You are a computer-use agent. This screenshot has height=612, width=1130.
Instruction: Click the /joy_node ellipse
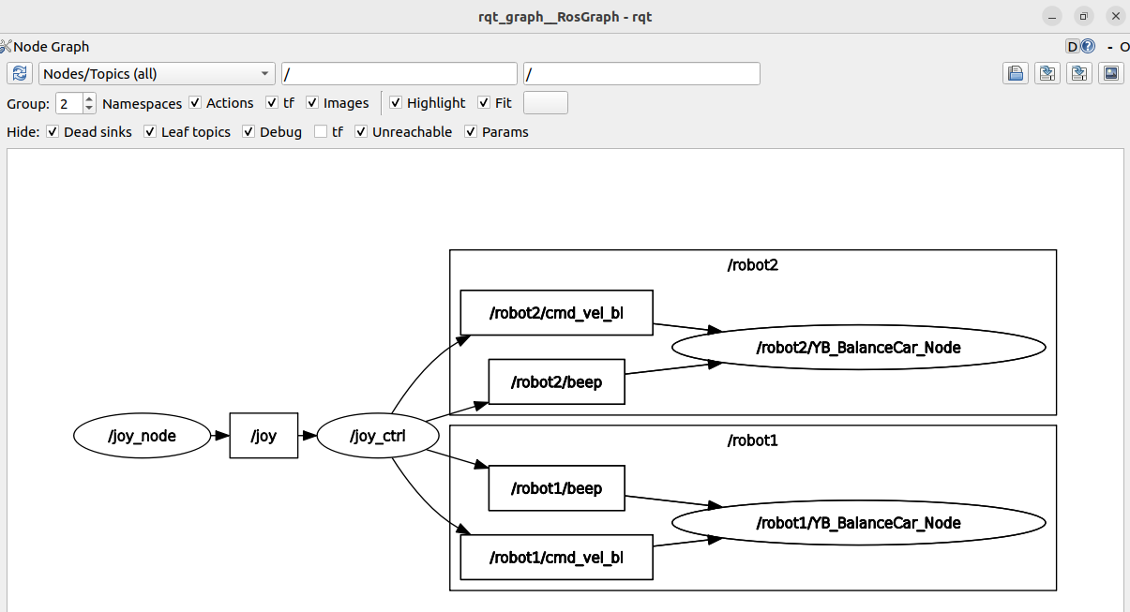click(x=142, y=436)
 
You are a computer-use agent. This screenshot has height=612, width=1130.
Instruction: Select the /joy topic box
click(x=264, y=436)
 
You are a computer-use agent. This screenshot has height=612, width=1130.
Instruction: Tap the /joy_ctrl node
click(x=378, y=436)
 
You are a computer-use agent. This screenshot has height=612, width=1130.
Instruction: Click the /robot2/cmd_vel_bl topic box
click(x=556, y=312)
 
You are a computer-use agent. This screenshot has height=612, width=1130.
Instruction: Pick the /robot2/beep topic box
click(x=556, y=381)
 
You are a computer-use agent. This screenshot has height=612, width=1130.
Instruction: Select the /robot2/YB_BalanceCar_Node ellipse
click(x=859, y=348)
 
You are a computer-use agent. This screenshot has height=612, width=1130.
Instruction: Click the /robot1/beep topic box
click(x=556, y=488)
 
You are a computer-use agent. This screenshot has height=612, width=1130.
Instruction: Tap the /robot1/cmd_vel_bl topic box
click(x=556, y=557)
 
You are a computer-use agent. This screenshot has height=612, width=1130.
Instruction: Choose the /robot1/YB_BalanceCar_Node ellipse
click(x=859, y=523)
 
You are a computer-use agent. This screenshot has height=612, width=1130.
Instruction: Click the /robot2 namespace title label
click(x=753, y=265)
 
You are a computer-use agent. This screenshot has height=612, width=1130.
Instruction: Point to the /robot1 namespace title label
click(x=753, y=440)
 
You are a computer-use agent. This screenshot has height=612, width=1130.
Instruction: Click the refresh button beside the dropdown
click(x=20, y=74)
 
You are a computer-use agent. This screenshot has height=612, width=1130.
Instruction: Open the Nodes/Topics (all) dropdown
click(x=157, y=74)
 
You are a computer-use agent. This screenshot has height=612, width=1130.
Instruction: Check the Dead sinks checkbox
click(x=53, y=131)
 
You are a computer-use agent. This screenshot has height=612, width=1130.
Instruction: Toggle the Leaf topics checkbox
click(x=150, y=131)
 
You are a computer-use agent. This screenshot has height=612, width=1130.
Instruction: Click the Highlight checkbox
click(x=396, y=103)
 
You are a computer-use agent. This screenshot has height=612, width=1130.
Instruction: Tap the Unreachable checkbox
click(x=361, y=131)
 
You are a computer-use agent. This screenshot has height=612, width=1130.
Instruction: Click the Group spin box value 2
click(x=69, y=104)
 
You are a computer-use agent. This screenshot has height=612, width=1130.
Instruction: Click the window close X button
click(x=1115, y=16)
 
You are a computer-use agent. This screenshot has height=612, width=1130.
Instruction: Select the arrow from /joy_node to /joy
click(x=220, y=436)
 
